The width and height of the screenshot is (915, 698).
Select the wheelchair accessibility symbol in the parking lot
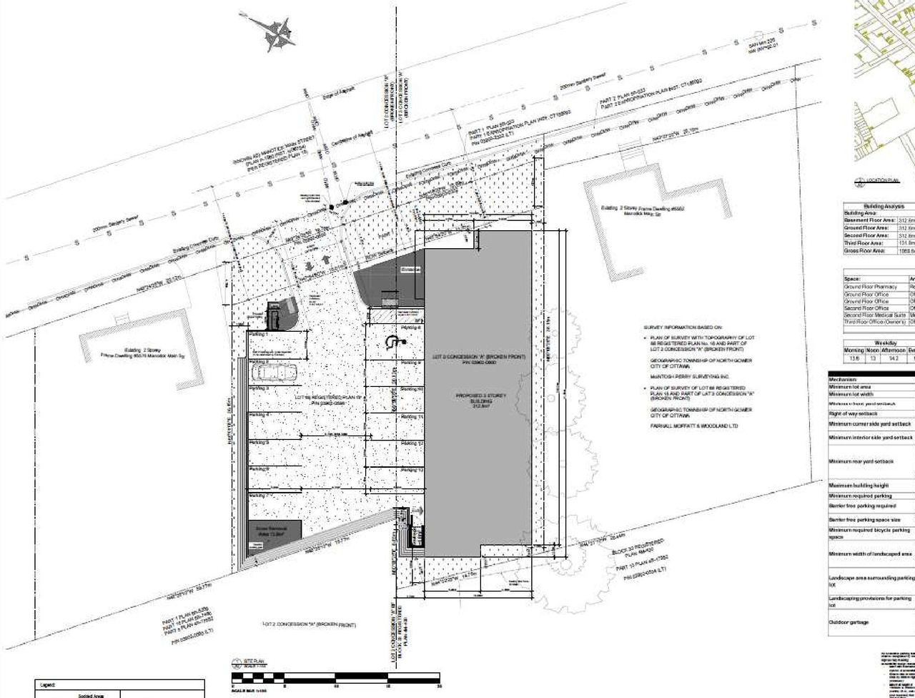click(x=391, y=342)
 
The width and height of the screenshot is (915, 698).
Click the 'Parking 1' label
click(x=257, y=334)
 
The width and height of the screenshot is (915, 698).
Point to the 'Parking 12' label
click(x=412, y=443)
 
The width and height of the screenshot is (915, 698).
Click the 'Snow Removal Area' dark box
click(x=274, y=533)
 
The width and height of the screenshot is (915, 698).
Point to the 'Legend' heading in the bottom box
click(x=49, y=684)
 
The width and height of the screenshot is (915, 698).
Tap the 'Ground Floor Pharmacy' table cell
click(x=870, y=287)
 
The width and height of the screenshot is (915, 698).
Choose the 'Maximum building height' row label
click(x=859, y=486)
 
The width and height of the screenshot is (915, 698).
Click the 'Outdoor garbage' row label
click(x=849, y=622)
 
